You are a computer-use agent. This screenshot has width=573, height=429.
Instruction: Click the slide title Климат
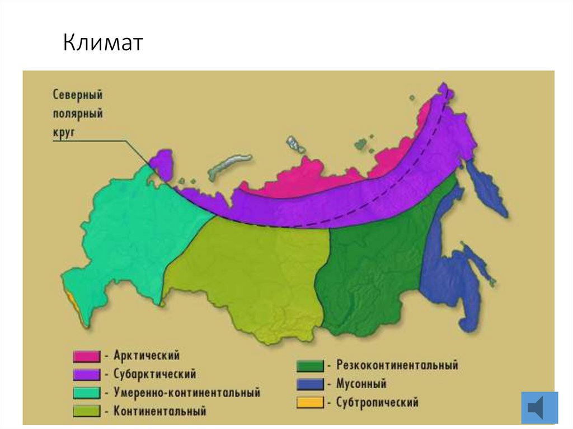tap(103, 43)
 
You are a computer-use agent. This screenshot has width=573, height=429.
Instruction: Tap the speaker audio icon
tap(539, 407)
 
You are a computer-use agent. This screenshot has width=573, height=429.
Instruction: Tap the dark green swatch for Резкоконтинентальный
tap(310, 366)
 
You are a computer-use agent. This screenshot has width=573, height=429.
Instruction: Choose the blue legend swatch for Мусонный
tap(310, 384)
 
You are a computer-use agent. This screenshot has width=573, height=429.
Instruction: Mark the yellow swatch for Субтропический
tap(310, 402)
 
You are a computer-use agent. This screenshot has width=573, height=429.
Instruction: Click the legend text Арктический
tap(146, 355)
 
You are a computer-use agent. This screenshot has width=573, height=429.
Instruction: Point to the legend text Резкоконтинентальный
tap(397, 365)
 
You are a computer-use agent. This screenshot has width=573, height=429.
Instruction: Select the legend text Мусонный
tap(361, 384)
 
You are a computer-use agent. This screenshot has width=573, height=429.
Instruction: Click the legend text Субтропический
tap(377, 402)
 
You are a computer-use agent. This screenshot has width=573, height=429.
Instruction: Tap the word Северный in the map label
tap(78, 95)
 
